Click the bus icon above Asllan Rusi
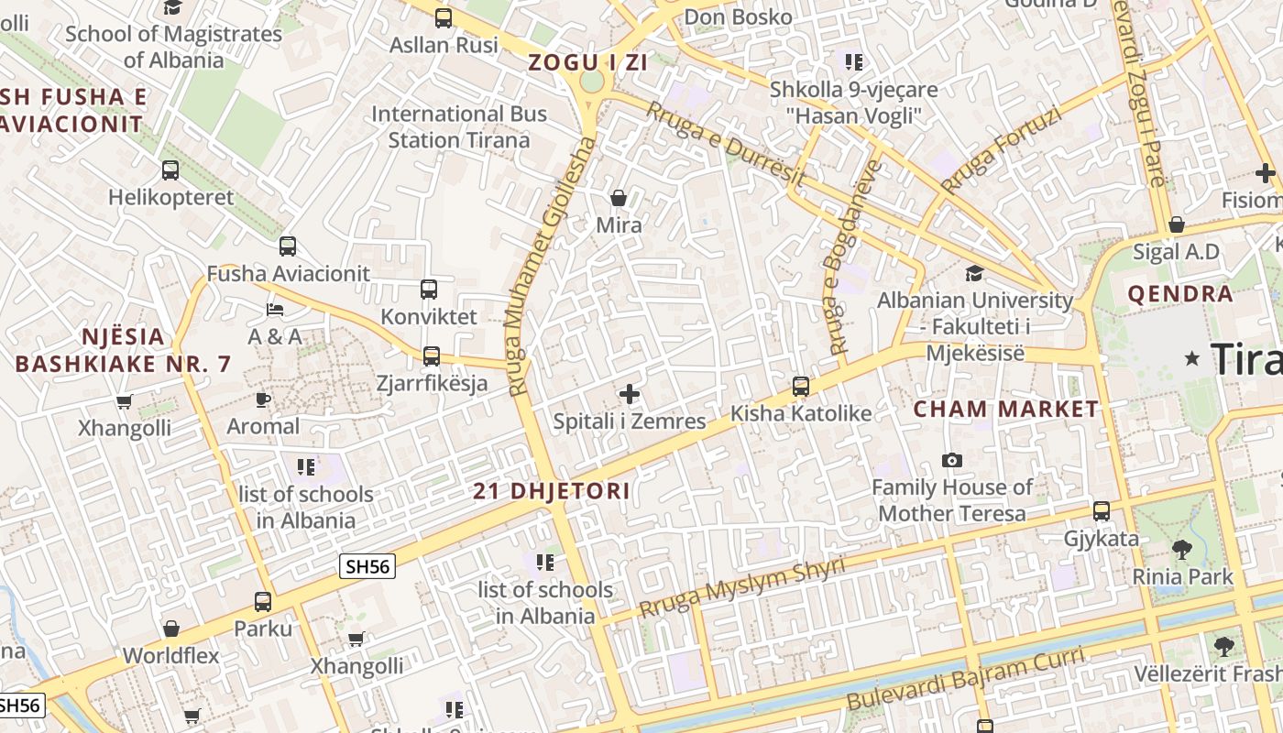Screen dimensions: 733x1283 tap(444, 17)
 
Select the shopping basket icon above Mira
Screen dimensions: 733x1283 tap(619, 198)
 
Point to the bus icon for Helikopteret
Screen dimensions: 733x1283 tap(170, 170)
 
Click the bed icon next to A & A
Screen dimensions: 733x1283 tap(275, 309)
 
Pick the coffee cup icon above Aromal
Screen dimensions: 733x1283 tap(263, 399)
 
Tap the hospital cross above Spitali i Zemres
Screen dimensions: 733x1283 tap(630, 394)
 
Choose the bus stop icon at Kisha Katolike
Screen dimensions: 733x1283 tap(801, 387)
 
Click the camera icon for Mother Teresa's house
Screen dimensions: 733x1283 tap(952, 460)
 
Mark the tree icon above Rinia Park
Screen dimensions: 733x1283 tap(1182, 550)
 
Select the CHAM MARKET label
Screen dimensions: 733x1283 tap(1005, 410)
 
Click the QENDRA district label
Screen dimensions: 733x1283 tap(1180, 294)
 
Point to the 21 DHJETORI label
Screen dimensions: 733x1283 tap(552, 491)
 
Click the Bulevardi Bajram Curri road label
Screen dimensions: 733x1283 tap(965, 679)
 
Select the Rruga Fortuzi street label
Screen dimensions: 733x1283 tap(1002, 150)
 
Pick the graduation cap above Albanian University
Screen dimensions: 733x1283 tap(974, 274)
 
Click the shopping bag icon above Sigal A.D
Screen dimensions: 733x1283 tap(1177, 224)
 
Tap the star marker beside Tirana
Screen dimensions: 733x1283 tap(1192, 358)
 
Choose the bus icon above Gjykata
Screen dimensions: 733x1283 tap(1102, 511)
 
